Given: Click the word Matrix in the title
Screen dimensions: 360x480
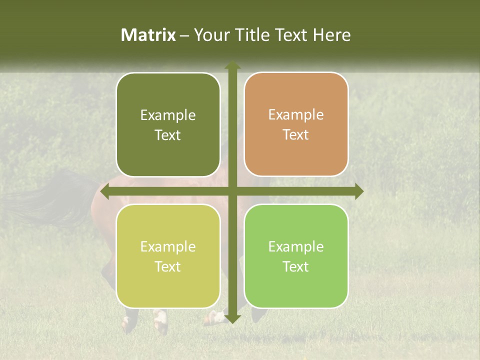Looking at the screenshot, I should [148, 35].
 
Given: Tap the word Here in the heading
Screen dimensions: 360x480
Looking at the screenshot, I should [331, 35].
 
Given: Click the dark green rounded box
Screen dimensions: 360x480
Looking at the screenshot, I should [168, 125].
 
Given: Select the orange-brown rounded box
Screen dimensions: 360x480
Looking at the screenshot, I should [296, 124].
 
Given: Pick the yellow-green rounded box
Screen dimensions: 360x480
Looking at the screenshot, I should [168, 256].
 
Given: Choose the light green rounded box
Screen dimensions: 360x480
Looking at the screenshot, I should [296, 256].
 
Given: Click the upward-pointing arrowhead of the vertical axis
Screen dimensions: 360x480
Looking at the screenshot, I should [232, 66].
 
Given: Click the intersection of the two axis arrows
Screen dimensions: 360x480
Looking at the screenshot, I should [232, 191].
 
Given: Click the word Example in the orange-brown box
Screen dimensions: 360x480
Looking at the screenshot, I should [296, 115].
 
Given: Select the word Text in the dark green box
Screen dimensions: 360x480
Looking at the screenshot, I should [168, 135].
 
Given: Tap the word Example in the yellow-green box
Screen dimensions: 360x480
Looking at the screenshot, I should [168, 246].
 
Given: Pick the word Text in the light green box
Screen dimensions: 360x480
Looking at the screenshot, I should [296, 267].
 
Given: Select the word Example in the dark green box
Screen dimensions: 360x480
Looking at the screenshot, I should [168, 115].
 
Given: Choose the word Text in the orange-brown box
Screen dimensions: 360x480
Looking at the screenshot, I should [296, 135].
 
